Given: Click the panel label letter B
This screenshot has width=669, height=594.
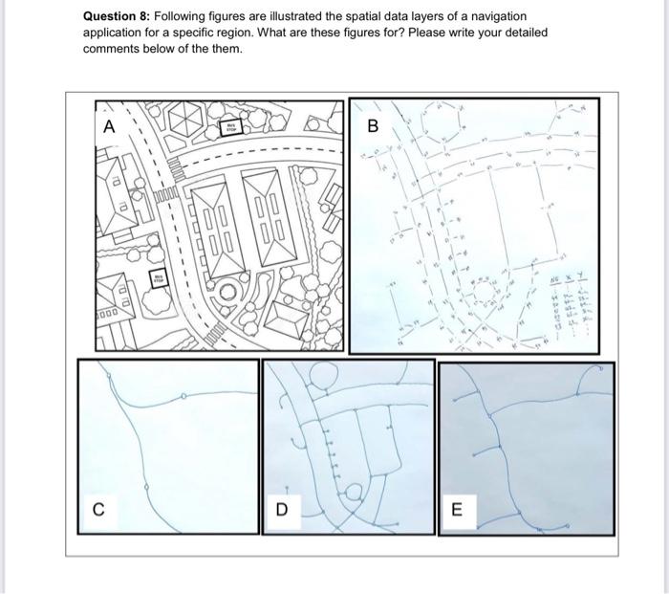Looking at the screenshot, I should [373, 126].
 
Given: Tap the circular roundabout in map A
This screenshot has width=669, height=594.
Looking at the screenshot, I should [228, 292].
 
